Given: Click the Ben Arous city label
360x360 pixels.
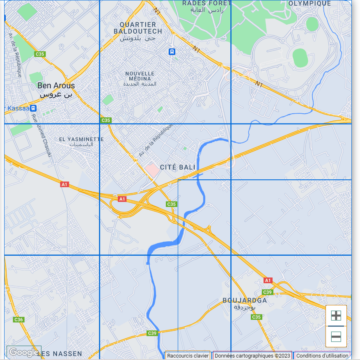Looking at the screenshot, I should pos(56,89).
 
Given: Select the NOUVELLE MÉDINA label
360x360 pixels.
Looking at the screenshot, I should pos(140,78).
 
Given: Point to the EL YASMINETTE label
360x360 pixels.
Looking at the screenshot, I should pos(81,142).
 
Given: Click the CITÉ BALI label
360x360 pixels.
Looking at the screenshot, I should pos(177,167).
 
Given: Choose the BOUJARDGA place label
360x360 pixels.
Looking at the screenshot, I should pos(245,303).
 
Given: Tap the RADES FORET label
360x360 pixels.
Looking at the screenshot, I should pos(207,6).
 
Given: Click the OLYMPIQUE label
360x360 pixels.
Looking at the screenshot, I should pos(310,3).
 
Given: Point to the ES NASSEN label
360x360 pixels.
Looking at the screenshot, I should pos(62,353).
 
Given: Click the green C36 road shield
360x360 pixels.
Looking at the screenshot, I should pos(18,319).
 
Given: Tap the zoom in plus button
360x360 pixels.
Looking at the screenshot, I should pos(336,316).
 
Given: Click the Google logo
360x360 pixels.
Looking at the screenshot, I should pos(24,352).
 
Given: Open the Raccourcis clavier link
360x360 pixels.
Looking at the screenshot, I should pos(188,356).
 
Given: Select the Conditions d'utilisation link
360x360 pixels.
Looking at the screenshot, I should pos(322,356).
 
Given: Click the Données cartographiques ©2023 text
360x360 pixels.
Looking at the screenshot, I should pos(252,356).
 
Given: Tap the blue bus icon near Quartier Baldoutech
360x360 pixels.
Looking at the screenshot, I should pos(172,52).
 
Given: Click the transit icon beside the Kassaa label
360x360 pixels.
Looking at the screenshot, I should pos(34,108).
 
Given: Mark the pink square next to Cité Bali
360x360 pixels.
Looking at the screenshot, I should pos(152,170).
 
